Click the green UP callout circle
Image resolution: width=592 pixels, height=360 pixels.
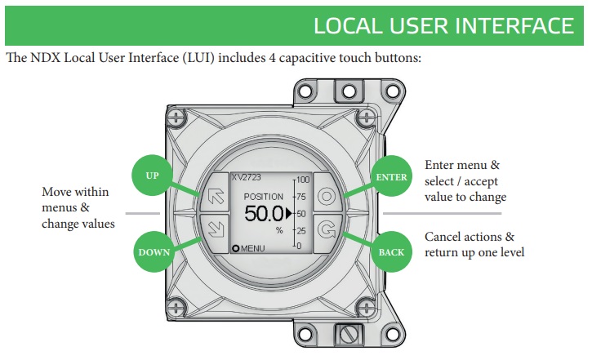tap(152, 176)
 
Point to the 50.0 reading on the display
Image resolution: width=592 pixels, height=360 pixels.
tap(262, 215)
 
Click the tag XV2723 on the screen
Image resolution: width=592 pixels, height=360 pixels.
tap(246, 176)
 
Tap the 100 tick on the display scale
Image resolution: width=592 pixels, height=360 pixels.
tap(304, 180)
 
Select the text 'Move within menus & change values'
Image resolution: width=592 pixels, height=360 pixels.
tap(78, 207)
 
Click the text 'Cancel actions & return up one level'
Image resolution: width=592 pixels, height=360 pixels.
tap(474, 244)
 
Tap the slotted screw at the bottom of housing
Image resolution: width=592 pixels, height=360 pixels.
tap(349, 335)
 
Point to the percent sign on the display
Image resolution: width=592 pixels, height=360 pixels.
tap(278, 231)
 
